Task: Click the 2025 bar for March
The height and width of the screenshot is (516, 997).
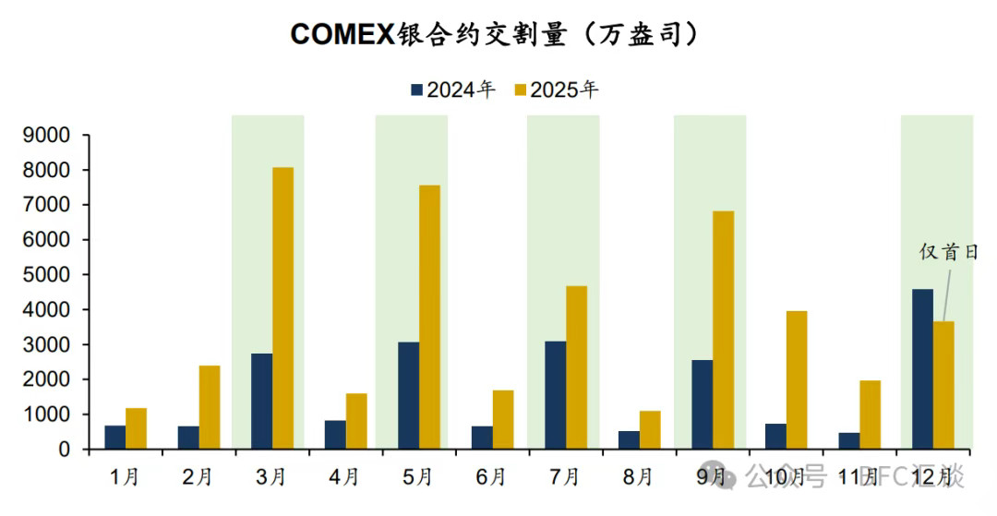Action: coord(282,308)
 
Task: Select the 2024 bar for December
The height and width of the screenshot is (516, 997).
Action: coord(922,369)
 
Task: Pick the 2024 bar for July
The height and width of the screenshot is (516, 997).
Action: coord(555,395)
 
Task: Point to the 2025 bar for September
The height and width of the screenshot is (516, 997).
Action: coord(724,330)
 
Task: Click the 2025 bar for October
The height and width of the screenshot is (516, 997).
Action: coord(797,379)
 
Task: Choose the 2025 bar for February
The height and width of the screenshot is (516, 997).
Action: coord(210,407)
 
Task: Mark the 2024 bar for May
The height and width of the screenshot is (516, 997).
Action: coord(408,395)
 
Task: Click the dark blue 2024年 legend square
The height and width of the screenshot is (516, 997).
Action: coord(416,90)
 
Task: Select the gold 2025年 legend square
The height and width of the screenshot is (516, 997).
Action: coord(520,90)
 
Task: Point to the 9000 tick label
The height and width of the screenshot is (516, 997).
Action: coord(46,136)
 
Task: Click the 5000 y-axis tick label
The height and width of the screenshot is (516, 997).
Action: coord(46,275)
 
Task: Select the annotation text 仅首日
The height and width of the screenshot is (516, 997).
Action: coord(948,251)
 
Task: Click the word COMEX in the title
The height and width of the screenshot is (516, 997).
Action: coord(342,34)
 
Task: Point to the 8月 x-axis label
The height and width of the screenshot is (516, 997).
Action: coord(638,476)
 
